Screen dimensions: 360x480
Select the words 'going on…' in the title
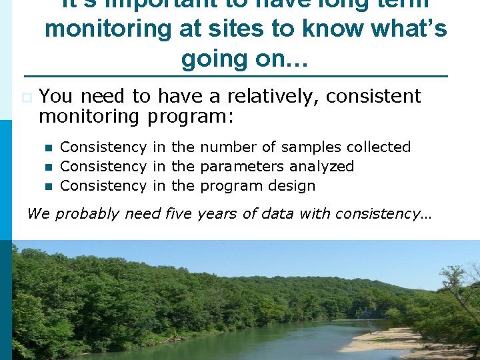point(244,59)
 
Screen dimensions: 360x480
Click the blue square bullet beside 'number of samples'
point(47,147)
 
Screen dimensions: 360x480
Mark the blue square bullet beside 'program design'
point(47,186)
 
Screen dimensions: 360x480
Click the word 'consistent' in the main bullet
point(374,97)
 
